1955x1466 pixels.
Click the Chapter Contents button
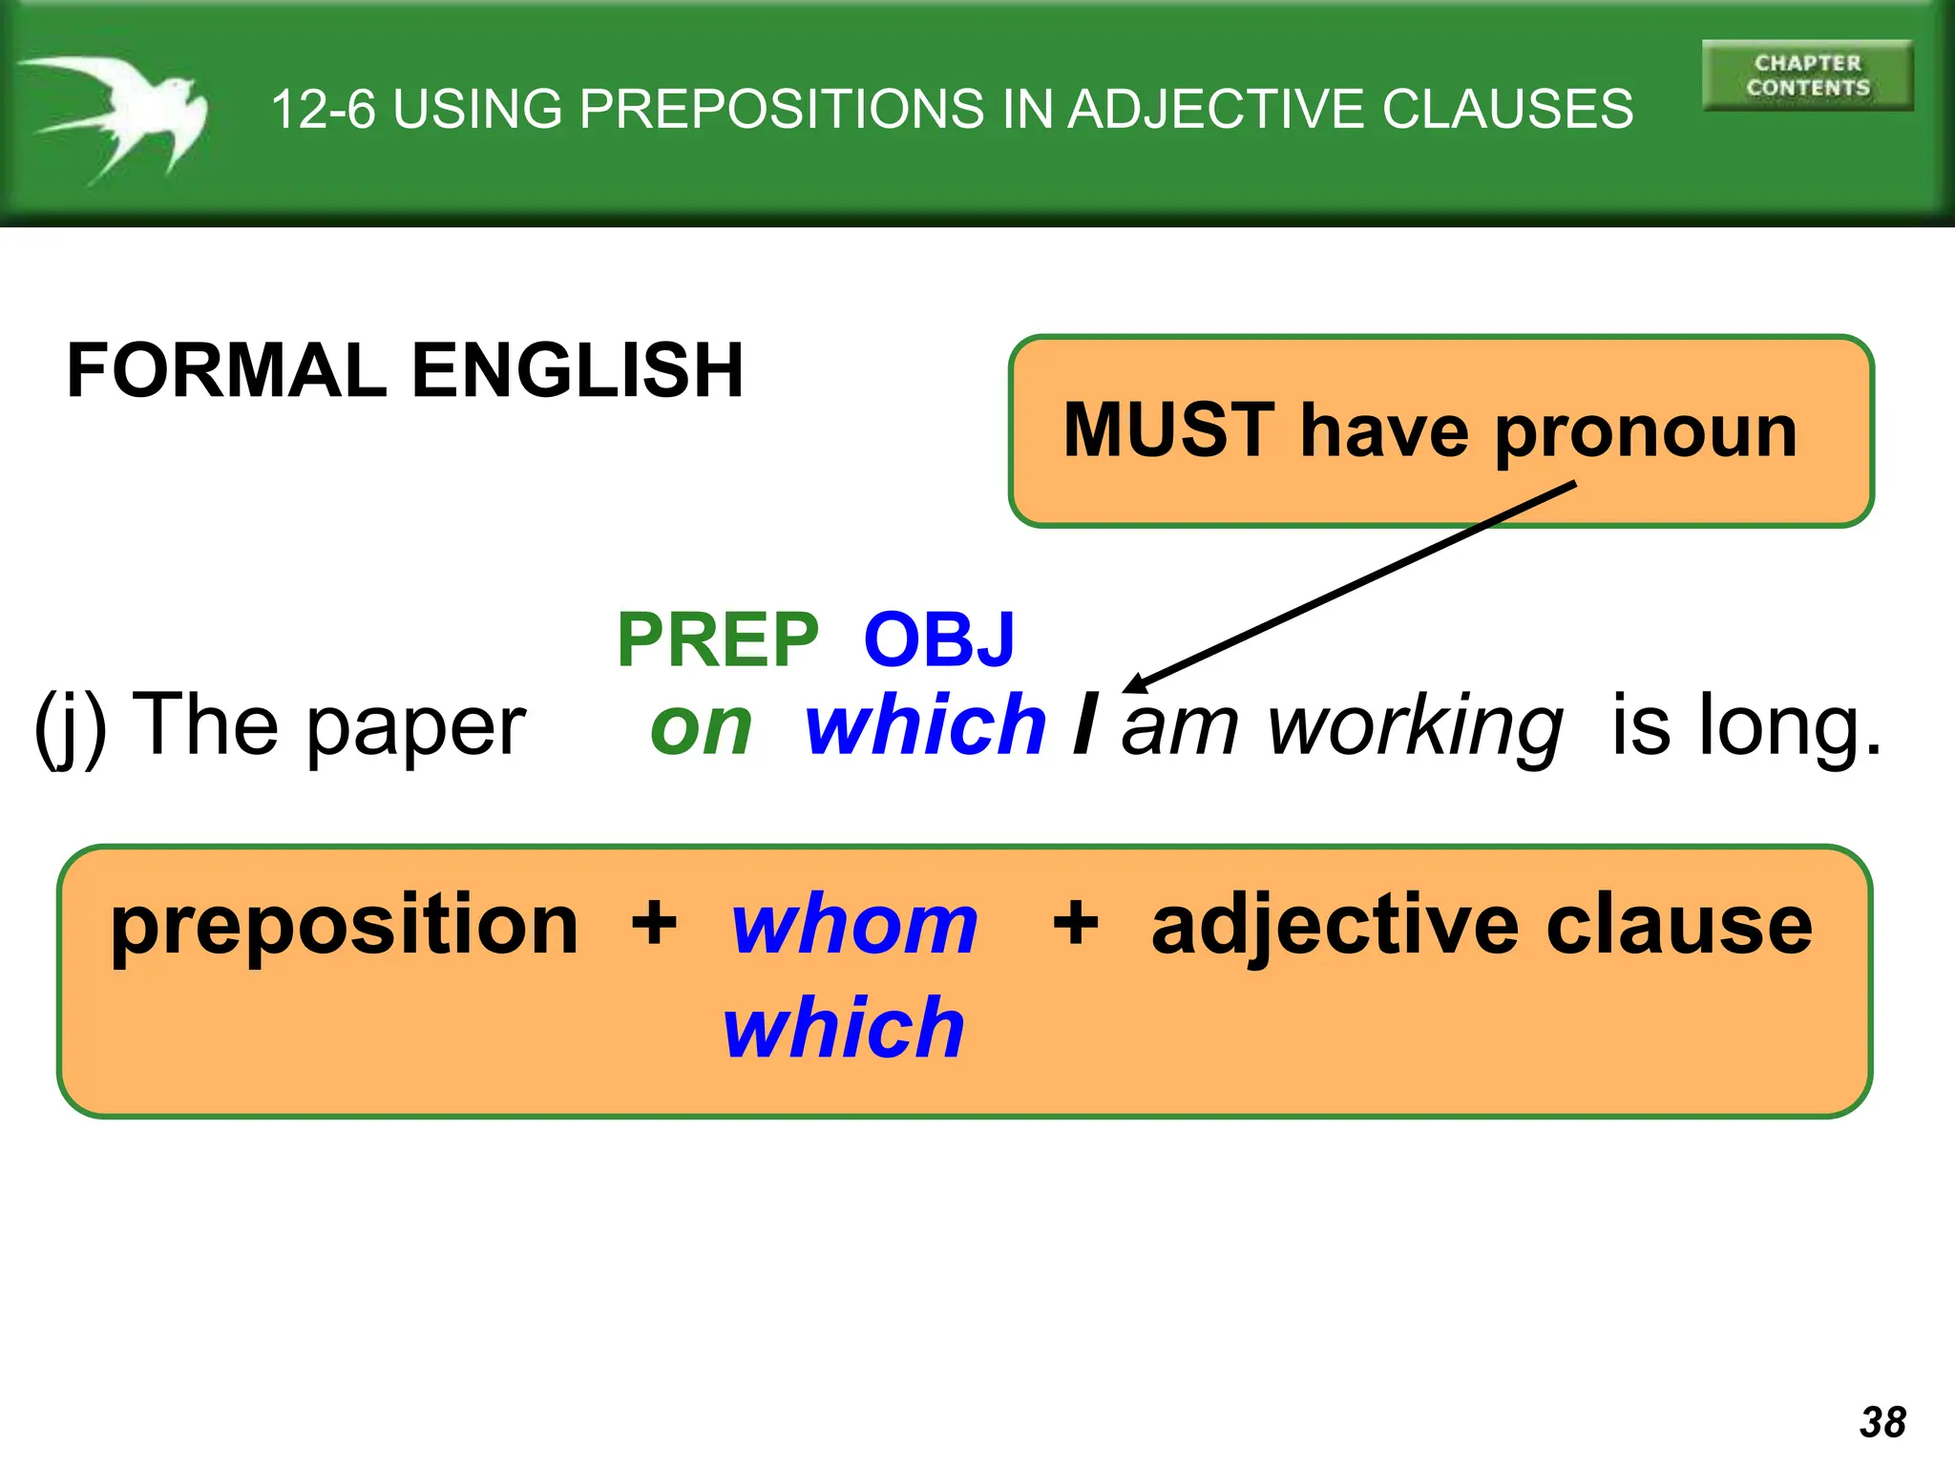click(1807, 75)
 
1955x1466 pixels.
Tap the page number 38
click(1882, 1422)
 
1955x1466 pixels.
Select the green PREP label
click(717, 639)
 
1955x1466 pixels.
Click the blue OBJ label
click(938, 639)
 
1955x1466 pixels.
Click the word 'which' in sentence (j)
click(925, 725)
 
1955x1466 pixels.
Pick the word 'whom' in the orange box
click(854, 925)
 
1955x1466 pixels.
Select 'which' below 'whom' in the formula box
click(844, 1028)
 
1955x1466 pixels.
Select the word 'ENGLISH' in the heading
click(577, 370)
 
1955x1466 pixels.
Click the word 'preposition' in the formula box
click(345, 926)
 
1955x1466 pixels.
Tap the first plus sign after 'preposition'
click(654, 924)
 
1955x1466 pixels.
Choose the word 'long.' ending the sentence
click(1789, 727)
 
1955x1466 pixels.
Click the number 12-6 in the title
click(323, 109)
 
